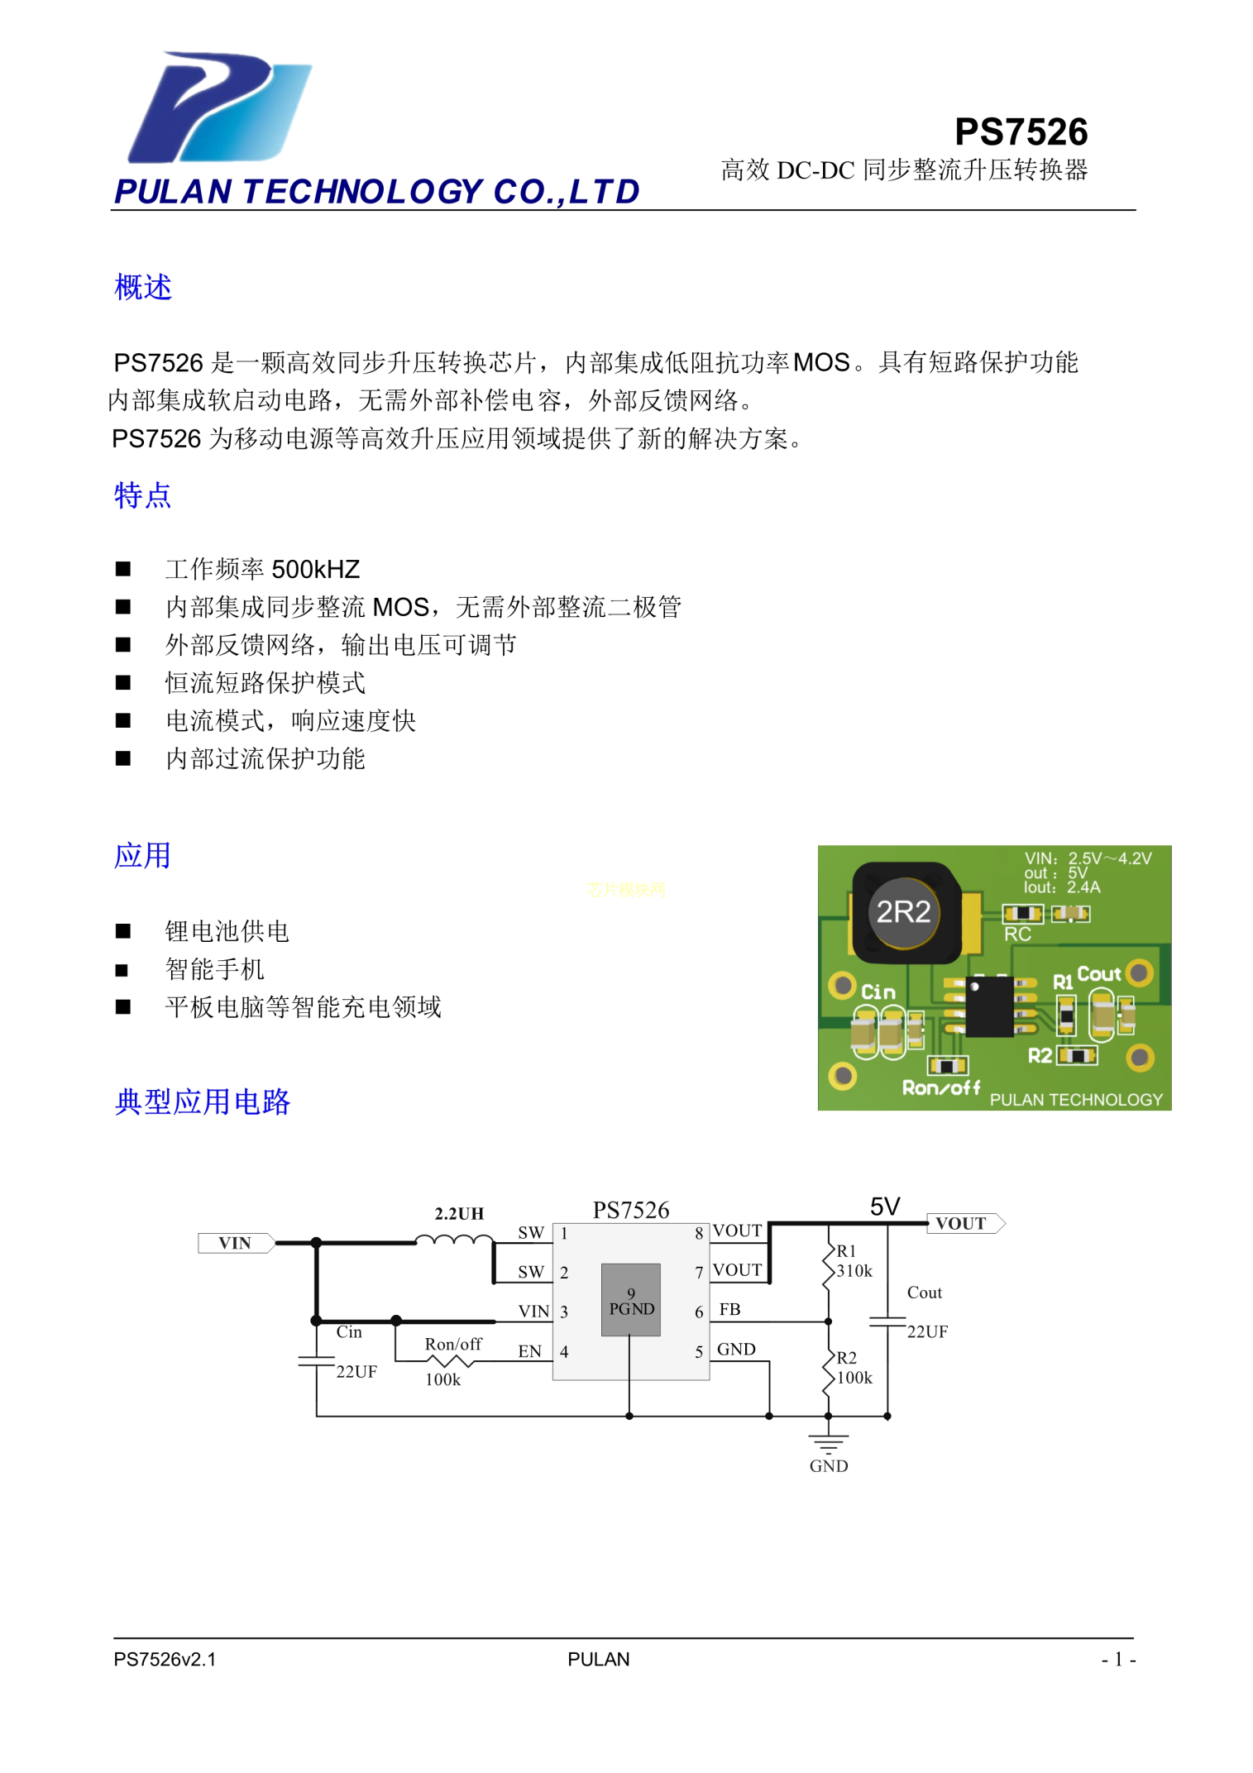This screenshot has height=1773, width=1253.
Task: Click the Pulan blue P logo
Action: click(x=219, y=108)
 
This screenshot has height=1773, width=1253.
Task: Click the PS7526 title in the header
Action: click(x=1021, y=131)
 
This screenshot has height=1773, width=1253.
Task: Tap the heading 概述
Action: click(x=143, y=287)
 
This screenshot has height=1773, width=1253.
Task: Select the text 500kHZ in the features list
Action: click(x=315, y=569)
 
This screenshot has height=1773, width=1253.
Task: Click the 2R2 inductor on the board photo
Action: click(x=904, y=912)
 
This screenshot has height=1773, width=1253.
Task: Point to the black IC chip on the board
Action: click(x=989, y=1006)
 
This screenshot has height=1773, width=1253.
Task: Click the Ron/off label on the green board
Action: click(x=940, y=1087)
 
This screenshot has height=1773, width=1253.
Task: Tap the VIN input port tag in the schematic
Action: click(x=236, y=1243)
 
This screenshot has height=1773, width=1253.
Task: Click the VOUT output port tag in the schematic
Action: click(x=965, y=1223)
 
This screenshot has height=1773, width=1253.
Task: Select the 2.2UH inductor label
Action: click(x=459, y=1213)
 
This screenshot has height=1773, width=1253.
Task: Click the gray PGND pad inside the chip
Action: click(x=631, y=1299)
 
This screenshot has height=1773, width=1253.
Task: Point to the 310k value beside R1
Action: click(x=854, y=1271)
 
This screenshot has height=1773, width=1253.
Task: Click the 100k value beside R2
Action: click(x=854, y=1378)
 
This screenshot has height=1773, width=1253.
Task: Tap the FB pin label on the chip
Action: click(x=729, y=1309)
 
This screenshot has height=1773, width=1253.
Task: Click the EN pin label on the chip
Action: click(x=530, y=1351)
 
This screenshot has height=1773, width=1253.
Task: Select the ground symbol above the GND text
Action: click(x=829, y=1443)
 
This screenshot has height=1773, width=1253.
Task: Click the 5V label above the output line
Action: click(x=885, y=1207)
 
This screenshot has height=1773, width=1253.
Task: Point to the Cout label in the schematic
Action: click(x=925, y=1293)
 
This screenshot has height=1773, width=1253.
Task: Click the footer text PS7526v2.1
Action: click(x=165, y=1659)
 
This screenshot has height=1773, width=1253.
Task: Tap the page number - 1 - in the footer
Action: click(x=1118, y=1659)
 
